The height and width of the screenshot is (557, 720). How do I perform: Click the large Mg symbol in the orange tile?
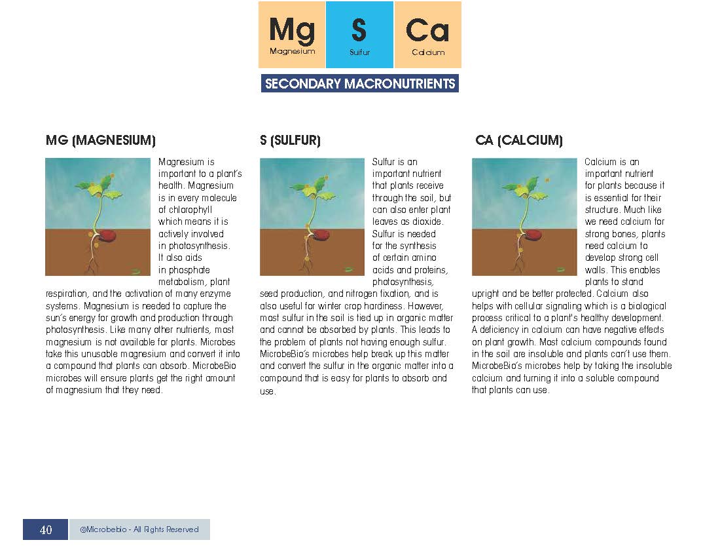pos(292,29)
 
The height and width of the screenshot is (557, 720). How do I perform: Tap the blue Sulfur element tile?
pos(359,35)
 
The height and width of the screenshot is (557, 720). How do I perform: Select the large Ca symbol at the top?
pos(427,30)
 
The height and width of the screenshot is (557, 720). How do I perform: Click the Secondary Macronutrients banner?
pos(360,84)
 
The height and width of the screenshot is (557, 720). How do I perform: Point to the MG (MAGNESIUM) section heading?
pos(101,140)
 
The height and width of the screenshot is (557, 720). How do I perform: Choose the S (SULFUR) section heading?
pos(290,140)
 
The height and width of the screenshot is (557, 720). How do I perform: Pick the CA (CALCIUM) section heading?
pos(519,140)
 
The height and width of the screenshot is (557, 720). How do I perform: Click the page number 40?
pos(46,529)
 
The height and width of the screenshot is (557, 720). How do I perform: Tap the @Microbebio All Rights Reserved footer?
pos(139,529)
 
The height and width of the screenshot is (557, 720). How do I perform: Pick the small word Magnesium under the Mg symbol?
pos(292,51)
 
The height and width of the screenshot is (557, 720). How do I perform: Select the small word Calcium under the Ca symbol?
pos(428,52)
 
